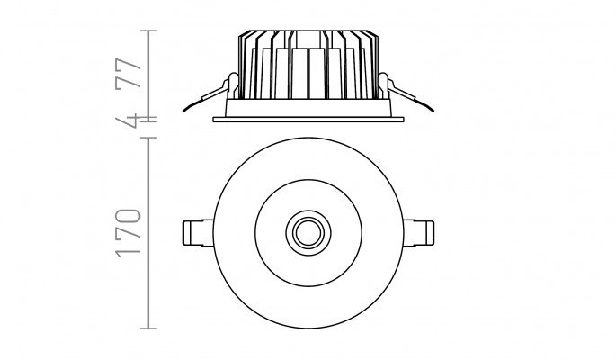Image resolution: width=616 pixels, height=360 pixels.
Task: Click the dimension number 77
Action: tap(128, 73)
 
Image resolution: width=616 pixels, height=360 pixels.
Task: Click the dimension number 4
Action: tap(128, 121)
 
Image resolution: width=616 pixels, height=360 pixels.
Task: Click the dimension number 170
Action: tap(128, 233)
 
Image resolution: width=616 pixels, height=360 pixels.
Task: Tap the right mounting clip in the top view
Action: tap(418, 233)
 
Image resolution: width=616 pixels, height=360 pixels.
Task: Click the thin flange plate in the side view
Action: tap(308, 119)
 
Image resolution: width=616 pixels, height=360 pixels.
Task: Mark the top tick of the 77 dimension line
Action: tap(149, 31)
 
